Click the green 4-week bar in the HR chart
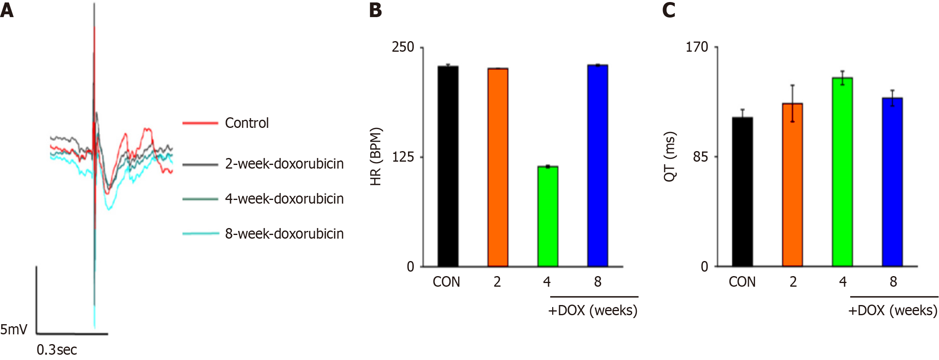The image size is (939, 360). click(548, 216)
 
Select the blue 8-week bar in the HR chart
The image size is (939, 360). click(597, 165)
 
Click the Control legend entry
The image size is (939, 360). click(247, 123)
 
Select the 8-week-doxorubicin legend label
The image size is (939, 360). click(284, 234)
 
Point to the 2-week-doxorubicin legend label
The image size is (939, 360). click(284, 164)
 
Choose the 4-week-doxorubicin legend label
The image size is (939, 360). click(284, 199)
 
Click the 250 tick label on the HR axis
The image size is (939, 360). click(403, 47)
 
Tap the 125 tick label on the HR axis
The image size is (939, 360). click(403, 157)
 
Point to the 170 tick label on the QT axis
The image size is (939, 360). click(697, 47)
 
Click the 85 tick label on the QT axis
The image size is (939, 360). click(700, 157)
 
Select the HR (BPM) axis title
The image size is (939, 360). click(376, 157)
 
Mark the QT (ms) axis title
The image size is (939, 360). click(670, 157)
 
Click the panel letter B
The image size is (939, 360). click(375, 10)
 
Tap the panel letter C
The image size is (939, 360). click(669, 10)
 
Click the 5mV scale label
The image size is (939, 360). click(14, 329)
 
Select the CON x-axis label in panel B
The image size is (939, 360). click(446, 282)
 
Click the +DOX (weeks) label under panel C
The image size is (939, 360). click(893, 311)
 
